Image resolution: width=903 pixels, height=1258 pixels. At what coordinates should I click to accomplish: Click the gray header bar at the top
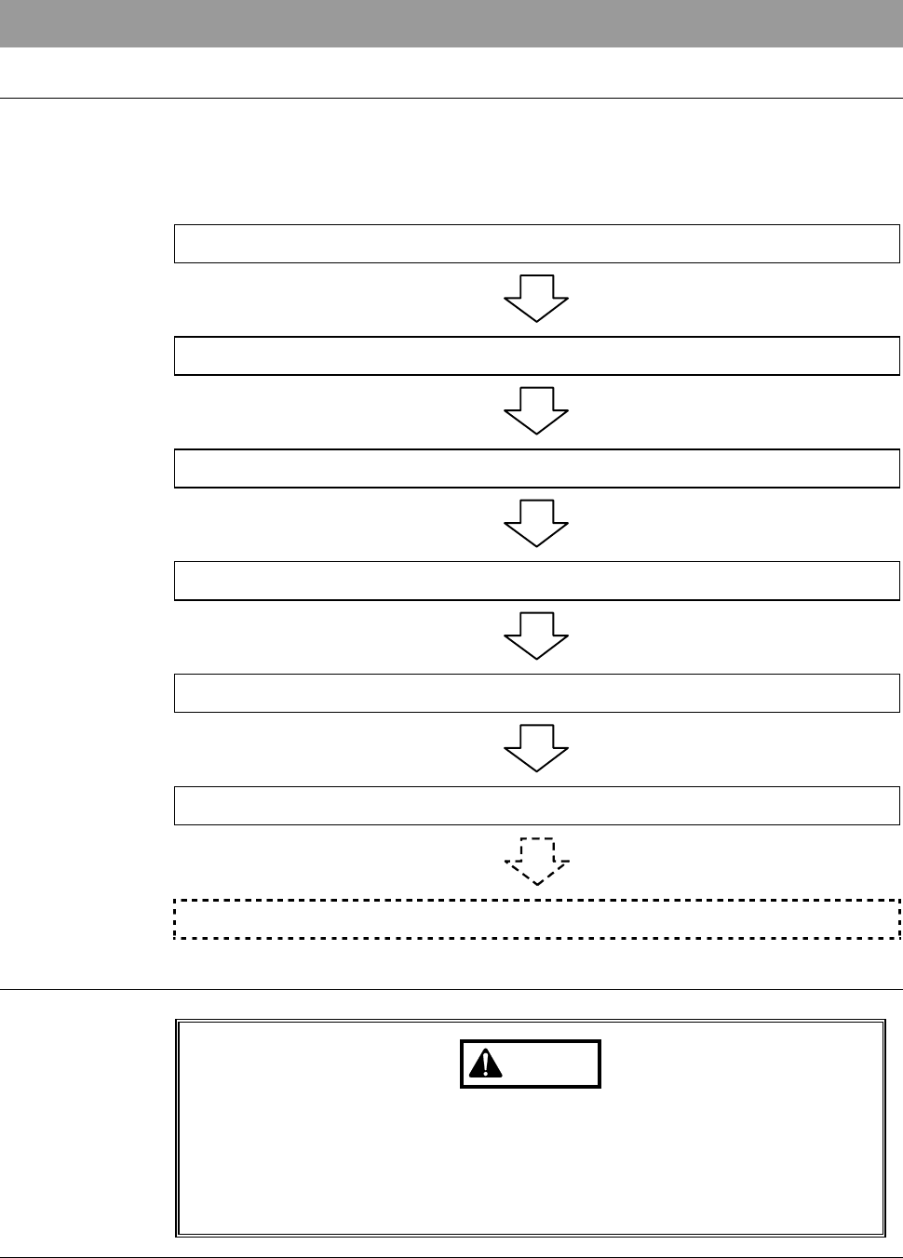click(x=451, y=23)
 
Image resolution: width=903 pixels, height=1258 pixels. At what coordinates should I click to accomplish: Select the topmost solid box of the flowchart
click(x=536, y=244)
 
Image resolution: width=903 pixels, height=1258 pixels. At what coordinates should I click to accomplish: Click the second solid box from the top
click(x=536, y=356)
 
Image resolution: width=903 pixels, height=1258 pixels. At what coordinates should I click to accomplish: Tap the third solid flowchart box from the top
click(x=536, y=469)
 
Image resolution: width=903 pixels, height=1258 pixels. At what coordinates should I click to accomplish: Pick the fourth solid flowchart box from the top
click(x=536, y=581)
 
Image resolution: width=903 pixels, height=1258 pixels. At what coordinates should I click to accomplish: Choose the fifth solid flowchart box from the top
click(x=536, y=693)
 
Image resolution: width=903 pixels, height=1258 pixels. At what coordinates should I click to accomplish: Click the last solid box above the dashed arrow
click(x=536, y=806)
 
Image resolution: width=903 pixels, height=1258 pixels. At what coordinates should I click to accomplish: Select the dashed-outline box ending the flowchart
click(x=536, y=919)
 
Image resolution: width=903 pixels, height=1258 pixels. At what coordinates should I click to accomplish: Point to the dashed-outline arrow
click(x=537, y=861)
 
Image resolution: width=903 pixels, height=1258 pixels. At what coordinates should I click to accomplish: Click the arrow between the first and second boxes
click(x=536, y=299)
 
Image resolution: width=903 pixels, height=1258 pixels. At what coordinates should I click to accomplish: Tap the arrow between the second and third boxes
click(x=536, y=411)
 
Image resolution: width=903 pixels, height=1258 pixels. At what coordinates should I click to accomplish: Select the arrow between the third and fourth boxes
click(x=536, y=524)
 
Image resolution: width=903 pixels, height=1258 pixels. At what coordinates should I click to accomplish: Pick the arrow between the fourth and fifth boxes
click(x=536, y=636)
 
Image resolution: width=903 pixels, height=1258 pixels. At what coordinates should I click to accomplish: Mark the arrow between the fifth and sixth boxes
click(x=536, y=749)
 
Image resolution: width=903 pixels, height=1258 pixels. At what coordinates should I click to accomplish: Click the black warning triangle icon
click(x=485, y=1064)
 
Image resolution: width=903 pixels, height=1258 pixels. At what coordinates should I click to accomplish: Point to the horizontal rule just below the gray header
click(x=451, y=98)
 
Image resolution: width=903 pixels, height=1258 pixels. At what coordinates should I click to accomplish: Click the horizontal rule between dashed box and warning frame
click(x=451, y=989)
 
